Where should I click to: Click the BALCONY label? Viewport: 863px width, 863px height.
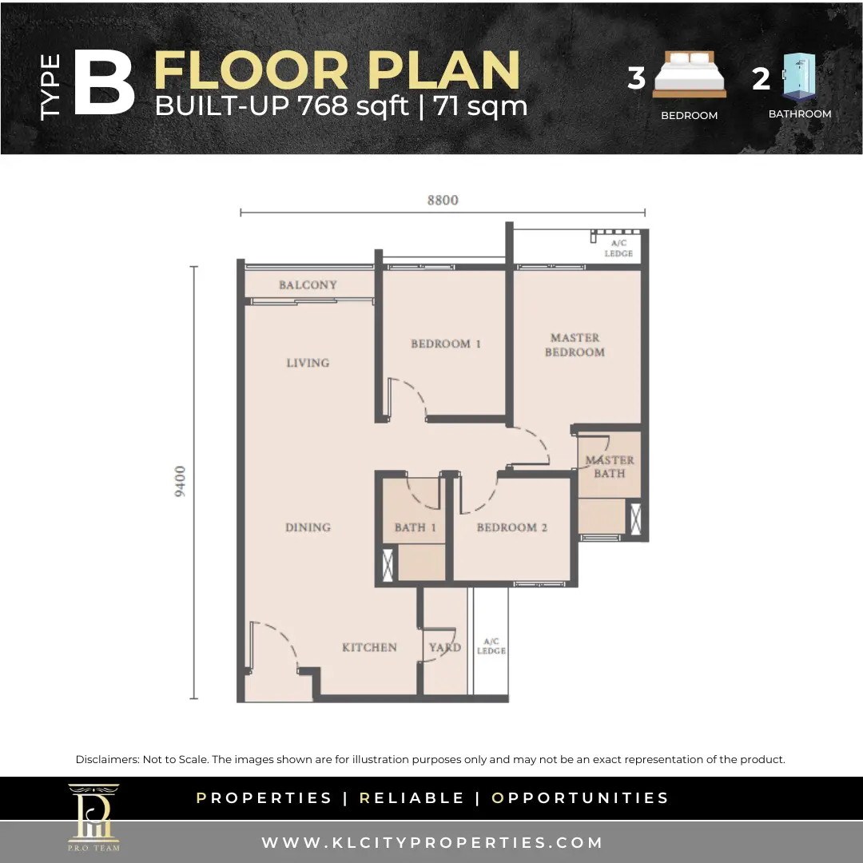pos(308,284)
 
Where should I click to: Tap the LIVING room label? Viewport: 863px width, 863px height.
pos(308,363)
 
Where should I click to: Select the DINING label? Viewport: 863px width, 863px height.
pos(308,527)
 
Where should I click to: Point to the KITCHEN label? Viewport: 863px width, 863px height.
pos(369,647)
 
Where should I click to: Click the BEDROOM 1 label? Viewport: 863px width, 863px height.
pos(446,344)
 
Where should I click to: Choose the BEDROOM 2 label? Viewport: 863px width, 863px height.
pos(512,527)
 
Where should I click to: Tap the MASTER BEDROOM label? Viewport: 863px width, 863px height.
pos(575,345)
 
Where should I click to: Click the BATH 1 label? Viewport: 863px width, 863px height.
pos(415,527)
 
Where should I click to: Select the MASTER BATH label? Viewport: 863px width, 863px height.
pos(609,467)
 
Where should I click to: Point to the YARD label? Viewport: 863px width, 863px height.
pos(445,647)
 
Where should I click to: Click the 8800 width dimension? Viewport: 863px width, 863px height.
pos(443,201)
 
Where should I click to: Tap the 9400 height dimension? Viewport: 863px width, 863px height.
pos(181,482)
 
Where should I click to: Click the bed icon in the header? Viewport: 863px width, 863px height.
pos(690,74)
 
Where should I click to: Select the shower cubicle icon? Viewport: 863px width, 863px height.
pos(799,77)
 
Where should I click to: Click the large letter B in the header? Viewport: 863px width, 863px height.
pos(104,82)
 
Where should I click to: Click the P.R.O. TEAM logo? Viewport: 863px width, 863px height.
pos(93,818)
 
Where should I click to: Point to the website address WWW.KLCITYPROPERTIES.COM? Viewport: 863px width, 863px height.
pos(432,843)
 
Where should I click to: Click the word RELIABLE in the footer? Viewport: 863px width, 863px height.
pos(412,798)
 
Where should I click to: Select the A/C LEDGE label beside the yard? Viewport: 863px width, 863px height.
pos(491,646)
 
